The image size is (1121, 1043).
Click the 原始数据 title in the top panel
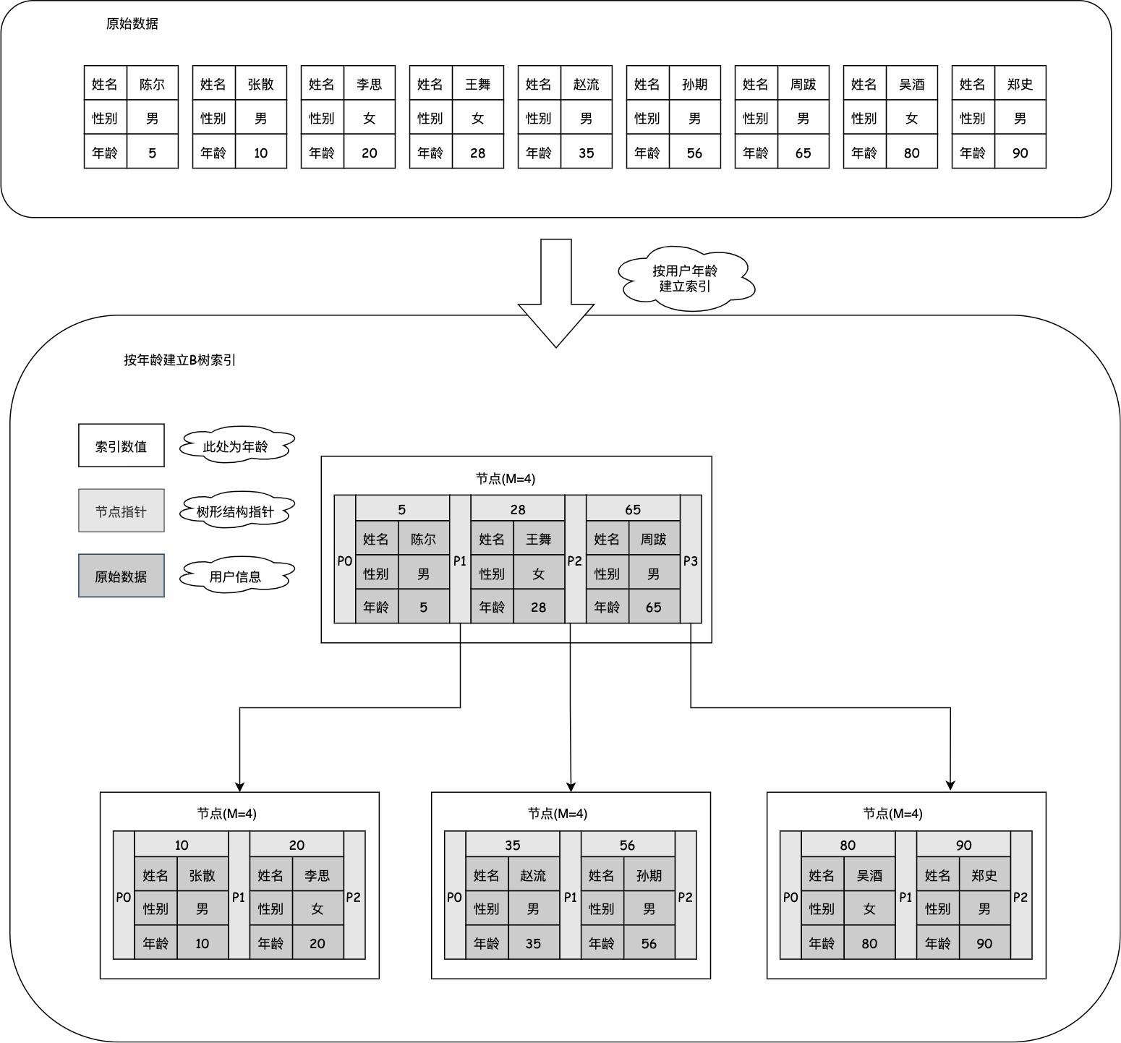click(x=132, y=24)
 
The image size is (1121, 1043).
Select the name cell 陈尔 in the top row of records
click(x=152, y=84)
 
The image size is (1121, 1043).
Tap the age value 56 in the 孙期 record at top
click(x=694, y=153)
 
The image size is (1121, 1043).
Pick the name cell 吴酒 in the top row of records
click(x=911, y=84)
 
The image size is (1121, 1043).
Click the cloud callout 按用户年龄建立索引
click(x=686, y=278)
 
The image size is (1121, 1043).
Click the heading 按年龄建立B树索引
click(x=179, y=359)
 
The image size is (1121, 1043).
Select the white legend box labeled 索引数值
click(x=122, y=446)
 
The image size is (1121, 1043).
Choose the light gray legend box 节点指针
click(x=122, y=511)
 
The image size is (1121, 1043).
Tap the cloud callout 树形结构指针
click(x=236, y=511)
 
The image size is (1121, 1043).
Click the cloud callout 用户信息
click(x=236, y=576)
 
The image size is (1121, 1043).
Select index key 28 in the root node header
click(x=518, y=509)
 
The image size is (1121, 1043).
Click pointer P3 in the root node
click(x=691, y=561)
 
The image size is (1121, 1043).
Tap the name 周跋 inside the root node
click(x=654, y=539)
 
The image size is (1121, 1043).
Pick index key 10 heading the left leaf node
click(x=182, y=845)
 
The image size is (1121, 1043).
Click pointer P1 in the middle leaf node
click(x=571, y=897)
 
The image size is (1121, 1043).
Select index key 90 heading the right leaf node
click(x=963, y=845)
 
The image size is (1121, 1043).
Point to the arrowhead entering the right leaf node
click(x=950, y=786)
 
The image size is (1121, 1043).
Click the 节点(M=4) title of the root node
click(x=506, y=478)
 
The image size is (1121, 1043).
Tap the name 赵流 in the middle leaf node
click(x=533, y=875)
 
